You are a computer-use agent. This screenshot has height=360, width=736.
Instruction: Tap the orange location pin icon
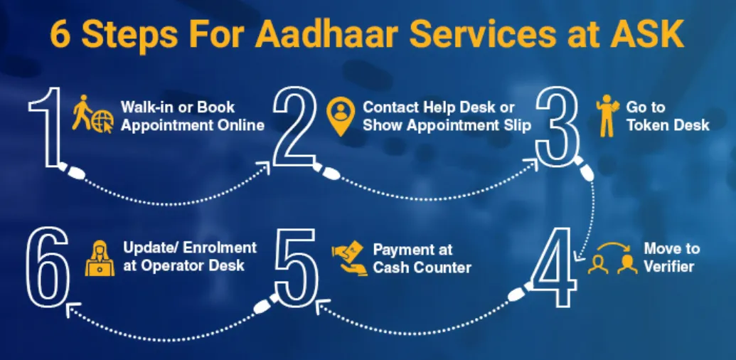(x=341, y=115)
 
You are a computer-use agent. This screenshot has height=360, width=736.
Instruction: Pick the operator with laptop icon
(x=100, y=258)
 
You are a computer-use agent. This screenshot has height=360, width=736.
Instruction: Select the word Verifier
(x=670, y=268)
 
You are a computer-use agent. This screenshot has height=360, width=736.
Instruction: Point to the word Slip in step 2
(x=516, y=125)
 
